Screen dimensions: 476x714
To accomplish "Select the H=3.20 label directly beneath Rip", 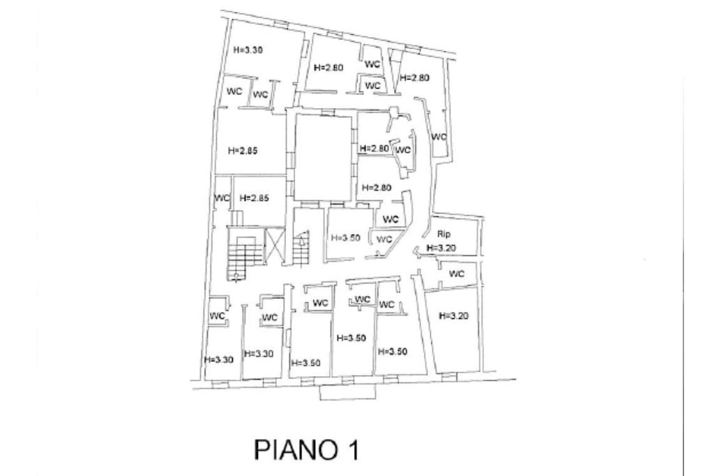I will pyautogui.click(x=441, y=248).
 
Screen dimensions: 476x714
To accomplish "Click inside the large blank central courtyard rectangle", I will pyautogui.click(x=324, y=156).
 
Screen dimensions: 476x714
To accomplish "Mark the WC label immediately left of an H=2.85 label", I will pyautogui.click(x=222, y=198).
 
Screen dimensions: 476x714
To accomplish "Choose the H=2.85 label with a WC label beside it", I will pyautogui.click(x=254, y=198).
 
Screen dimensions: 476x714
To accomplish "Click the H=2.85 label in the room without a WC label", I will pyautogui.click(x=243, y=151).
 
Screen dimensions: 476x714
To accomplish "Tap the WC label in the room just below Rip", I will pyautogui.click(x=457, y=274).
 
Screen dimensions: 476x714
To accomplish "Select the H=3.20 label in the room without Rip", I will pyautogui.click(x=454, y=315).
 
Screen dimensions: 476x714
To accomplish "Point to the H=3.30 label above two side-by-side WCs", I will pyautogui.click(x=248, y=50).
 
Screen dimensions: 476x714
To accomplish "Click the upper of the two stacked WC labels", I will pyautogui.click(x=373, y=64).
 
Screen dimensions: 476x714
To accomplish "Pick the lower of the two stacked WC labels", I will pyautogui.click(x=373, y=86).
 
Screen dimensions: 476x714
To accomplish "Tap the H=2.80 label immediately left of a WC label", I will pyautogui.click(x=375, y=149).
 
